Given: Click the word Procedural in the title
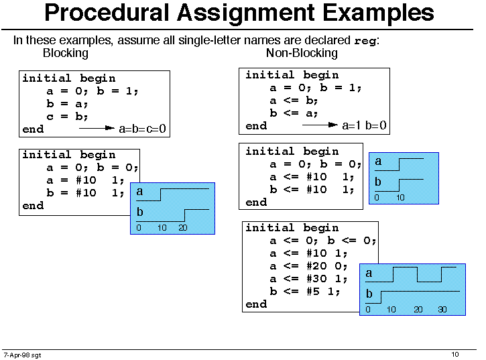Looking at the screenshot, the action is pos(108,13).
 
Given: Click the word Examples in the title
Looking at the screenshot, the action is pos(378,13).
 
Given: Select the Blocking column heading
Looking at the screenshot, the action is pos(66,53).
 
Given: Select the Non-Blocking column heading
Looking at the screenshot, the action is pos(302,53).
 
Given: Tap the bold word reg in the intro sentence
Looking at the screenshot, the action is pos(365,41).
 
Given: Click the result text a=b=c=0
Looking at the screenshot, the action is pos(143,128).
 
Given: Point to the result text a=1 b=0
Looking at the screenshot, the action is pos(364,125).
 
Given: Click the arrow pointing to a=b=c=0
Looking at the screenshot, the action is pos(97,128).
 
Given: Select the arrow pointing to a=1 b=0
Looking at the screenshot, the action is pos(320,125).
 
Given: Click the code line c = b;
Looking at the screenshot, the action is pos(67,117).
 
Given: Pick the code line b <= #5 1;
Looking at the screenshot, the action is pos(305,292).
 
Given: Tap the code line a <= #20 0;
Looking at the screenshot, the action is pos(308,266).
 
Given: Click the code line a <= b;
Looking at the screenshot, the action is pos(294,101).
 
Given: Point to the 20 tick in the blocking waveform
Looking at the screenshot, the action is pos(183,228).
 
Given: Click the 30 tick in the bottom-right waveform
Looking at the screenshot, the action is pos(442,310).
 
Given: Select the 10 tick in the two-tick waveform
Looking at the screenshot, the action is pos(400,198).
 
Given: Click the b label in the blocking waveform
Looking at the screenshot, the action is pos(140,212).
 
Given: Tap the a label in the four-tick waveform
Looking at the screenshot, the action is pos(369,273).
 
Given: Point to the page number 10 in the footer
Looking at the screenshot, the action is pos(455,355).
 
